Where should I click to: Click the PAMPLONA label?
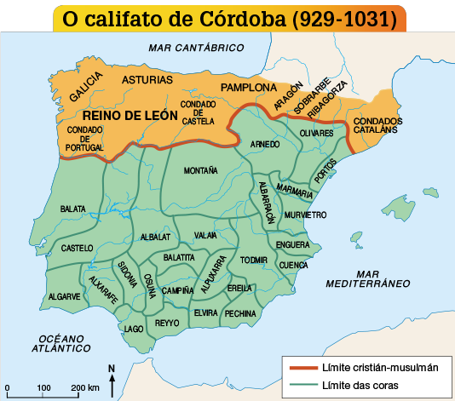click(x=248, y=89)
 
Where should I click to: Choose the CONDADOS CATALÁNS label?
click(x=377, y=126)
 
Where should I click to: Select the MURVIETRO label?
click(x=305, y=215)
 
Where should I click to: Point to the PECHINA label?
click(x=240, y=313)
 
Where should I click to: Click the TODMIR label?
click(x=254, y=260)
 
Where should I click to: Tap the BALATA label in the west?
click(x=72, y=209)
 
